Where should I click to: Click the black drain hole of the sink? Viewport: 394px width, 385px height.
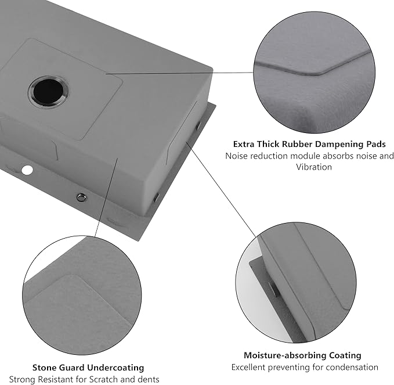tap(48, 92)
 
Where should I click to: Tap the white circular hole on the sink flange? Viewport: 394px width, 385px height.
tap(27, 170)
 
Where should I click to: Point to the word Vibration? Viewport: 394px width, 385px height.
tap(314, 167)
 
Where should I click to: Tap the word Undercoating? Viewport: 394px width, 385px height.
tap(115, 368)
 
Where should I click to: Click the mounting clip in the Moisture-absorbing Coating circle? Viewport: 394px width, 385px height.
tap(274, 289)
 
